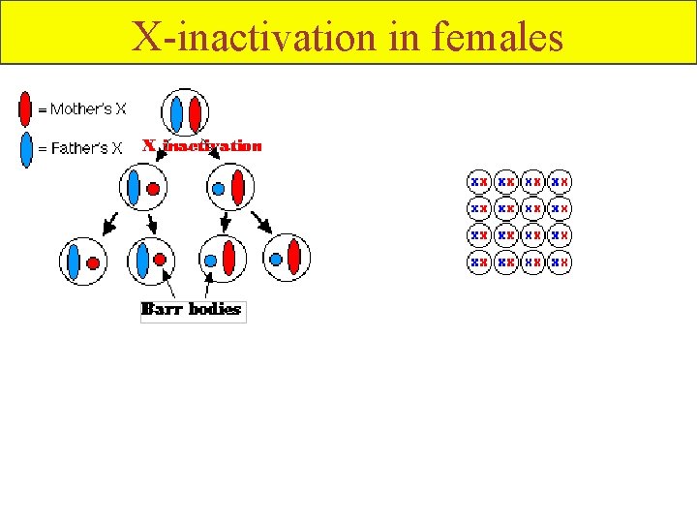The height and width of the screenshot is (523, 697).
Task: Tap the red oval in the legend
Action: [x=26, y=108]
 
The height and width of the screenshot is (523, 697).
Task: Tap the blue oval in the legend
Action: [x=26, y=148]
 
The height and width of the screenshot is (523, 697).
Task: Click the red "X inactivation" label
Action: [x=202, y=146]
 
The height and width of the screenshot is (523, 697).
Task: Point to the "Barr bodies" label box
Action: [x=193, y=310]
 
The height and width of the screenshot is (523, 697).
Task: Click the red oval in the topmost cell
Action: [x=196, y=113]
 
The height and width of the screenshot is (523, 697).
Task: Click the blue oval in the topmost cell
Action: [x=177, y=113]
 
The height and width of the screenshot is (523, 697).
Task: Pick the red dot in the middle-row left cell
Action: [x=152, y=188]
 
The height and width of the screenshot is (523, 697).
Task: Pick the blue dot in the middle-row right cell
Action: [x=219, y=188]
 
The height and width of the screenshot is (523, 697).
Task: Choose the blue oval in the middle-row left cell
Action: [x=134, y=188]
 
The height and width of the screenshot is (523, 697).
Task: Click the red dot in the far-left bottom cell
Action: [x=93, y=261]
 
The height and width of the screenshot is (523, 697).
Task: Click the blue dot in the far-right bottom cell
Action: [x=277, y=260]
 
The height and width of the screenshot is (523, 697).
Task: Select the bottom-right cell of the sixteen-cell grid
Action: [x=560, y=261]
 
